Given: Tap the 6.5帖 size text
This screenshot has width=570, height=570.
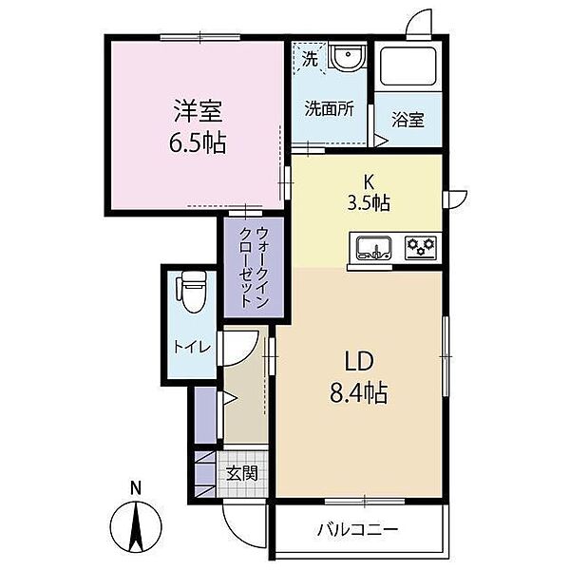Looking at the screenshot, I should coord(198,145).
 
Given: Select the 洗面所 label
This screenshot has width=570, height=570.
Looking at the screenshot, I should coord(329,108).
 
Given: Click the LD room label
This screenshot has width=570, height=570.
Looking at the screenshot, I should coord(357,362).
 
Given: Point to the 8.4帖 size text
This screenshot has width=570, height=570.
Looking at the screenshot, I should coord(358,392).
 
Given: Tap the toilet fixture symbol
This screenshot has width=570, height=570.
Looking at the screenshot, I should coord(192,291).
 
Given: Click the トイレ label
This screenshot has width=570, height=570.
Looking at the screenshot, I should coord(188,347).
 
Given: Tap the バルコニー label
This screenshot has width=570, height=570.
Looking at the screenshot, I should coord(358,529).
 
